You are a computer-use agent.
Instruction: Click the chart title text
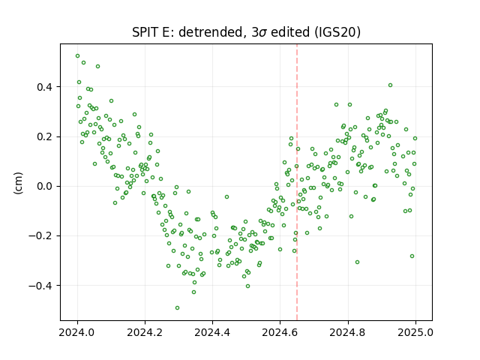(246, 32)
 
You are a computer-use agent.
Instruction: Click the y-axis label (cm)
(18, 183)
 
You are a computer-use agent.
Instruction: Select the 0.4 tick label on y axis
(44, 87)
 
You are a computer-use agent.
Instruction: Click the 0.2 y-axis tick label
(44, 136)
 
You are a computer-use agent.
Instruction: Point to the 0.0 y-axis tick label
(44, 187)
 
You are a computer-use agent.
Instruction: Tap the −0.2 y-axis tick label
(40, 236)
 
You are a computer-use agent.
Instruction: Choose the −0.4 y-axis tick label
(40, 286)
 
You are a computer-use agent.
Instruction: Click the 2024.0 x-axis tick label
(77, 332)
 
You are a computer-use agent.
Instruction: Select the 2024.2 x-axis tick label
(145, 332)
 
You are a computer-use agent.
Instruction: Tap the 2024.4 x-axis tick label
(212, 332)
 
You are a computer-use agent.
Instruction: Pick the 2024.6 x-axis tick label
(280, 332)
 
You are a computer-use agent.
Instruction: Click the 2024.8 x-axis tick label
(347, 332)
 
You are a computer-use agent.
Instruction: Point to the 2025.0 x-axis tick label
(415, 332)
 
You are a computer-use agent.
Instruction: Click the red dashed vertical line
(297, 182)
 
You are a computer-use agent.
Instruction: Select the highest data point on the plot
(78, 56)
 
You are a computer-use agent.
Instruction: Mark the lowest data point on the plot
(177, 308)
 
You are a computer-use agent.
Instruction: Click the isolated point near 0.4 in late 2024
(390, 85)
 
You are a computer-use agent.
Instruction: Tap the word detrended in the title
(211, 32)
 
